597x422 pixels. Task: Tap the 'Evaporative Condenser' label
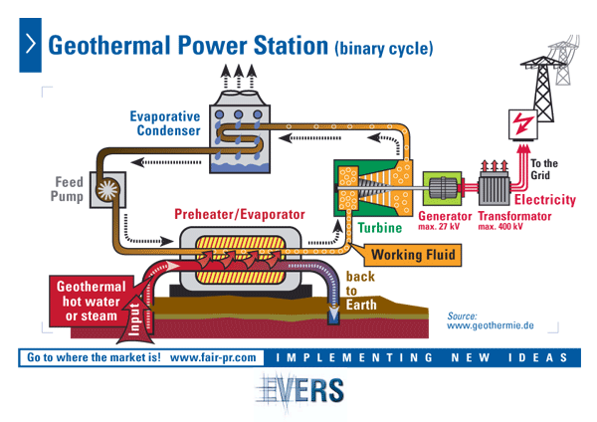tap(164, 123)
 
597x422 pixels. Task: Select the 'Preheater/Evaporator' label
tap(240, 215)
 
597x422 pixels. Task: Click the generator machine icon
tap(446, 189)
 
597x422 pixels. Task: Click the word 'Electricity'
tap(543, 200)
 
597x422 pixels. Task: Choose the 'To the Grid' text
tap(544, 170)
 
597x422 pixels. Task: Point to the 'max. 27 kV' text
tap(439, 227)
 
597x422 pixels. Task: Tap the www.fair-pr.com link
tap(213, 356)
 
